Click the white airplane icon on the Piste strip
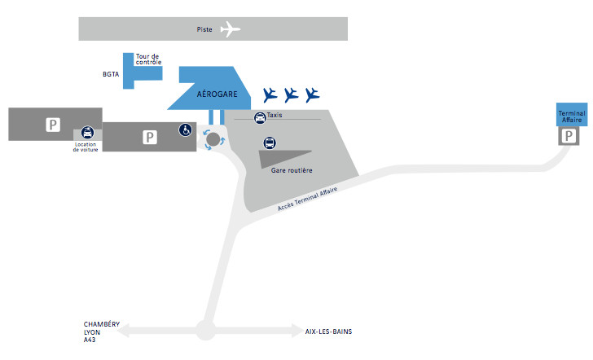pyautogui.click(x=231, y=29)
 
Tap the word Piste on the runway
pyautogui.click(x=205, y=29)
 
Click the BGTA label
pyautogui.click(x=111, y=75)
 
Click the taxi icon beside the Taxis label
pyautogui.click(x=260, y=118)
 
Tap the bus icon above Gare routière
pyautogui.click(x=270, y=144)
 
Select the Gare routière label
pyautogui.click(x=292, y=170)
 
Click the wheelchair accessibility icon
pyautogui.click(x=186, y=130)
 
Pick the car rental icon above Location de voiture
pyautogui.click(x=87, y=133)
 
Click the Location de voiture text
pyautogui.click(x=86, y=147)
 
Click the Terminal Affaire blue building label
pyautogui.click(x=571, y=116)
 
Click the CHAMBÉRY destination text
pyautogui.click(x=102, y=324)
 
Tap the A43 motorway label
pyautogui.click(x=90, y=340)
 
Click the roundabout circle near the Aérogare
pyautogui.click(x=213, y=140)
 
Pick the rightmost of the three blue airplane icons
pyautogui.click(x=313, y=94)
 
